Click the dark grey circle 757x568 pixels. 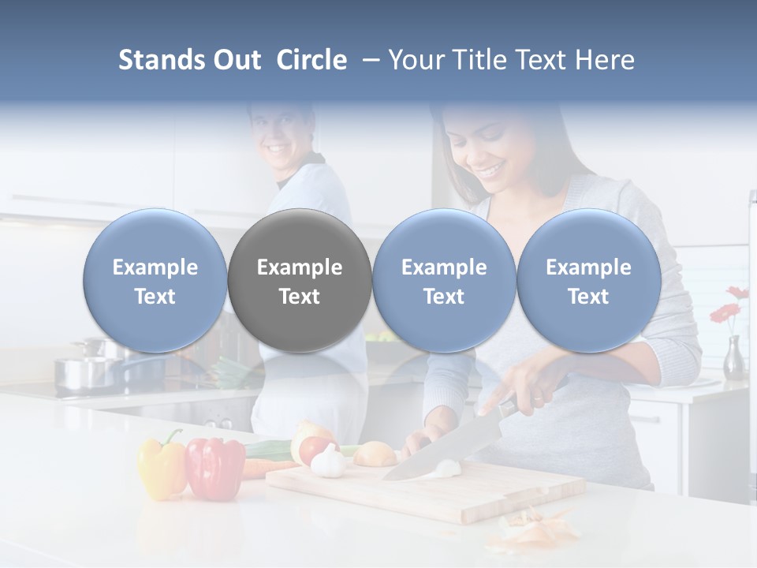(x=300, y=280)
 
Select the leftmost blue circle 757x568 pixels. (x=155, y=280)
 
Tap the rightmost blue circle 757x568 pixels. (x=588, y=280)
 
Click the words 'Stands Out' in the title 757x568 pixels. (x=189, y=60)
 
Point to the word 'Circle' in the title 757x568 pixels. (x=311, y=60)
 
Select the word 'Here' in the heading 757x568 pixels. (x=605, y=60)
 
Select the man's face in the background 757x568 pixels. (x=280, y=134)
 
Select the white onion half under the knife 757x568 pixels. (x=447, y=469)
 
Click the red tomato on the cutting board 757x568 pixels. (x=314, y=449)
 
